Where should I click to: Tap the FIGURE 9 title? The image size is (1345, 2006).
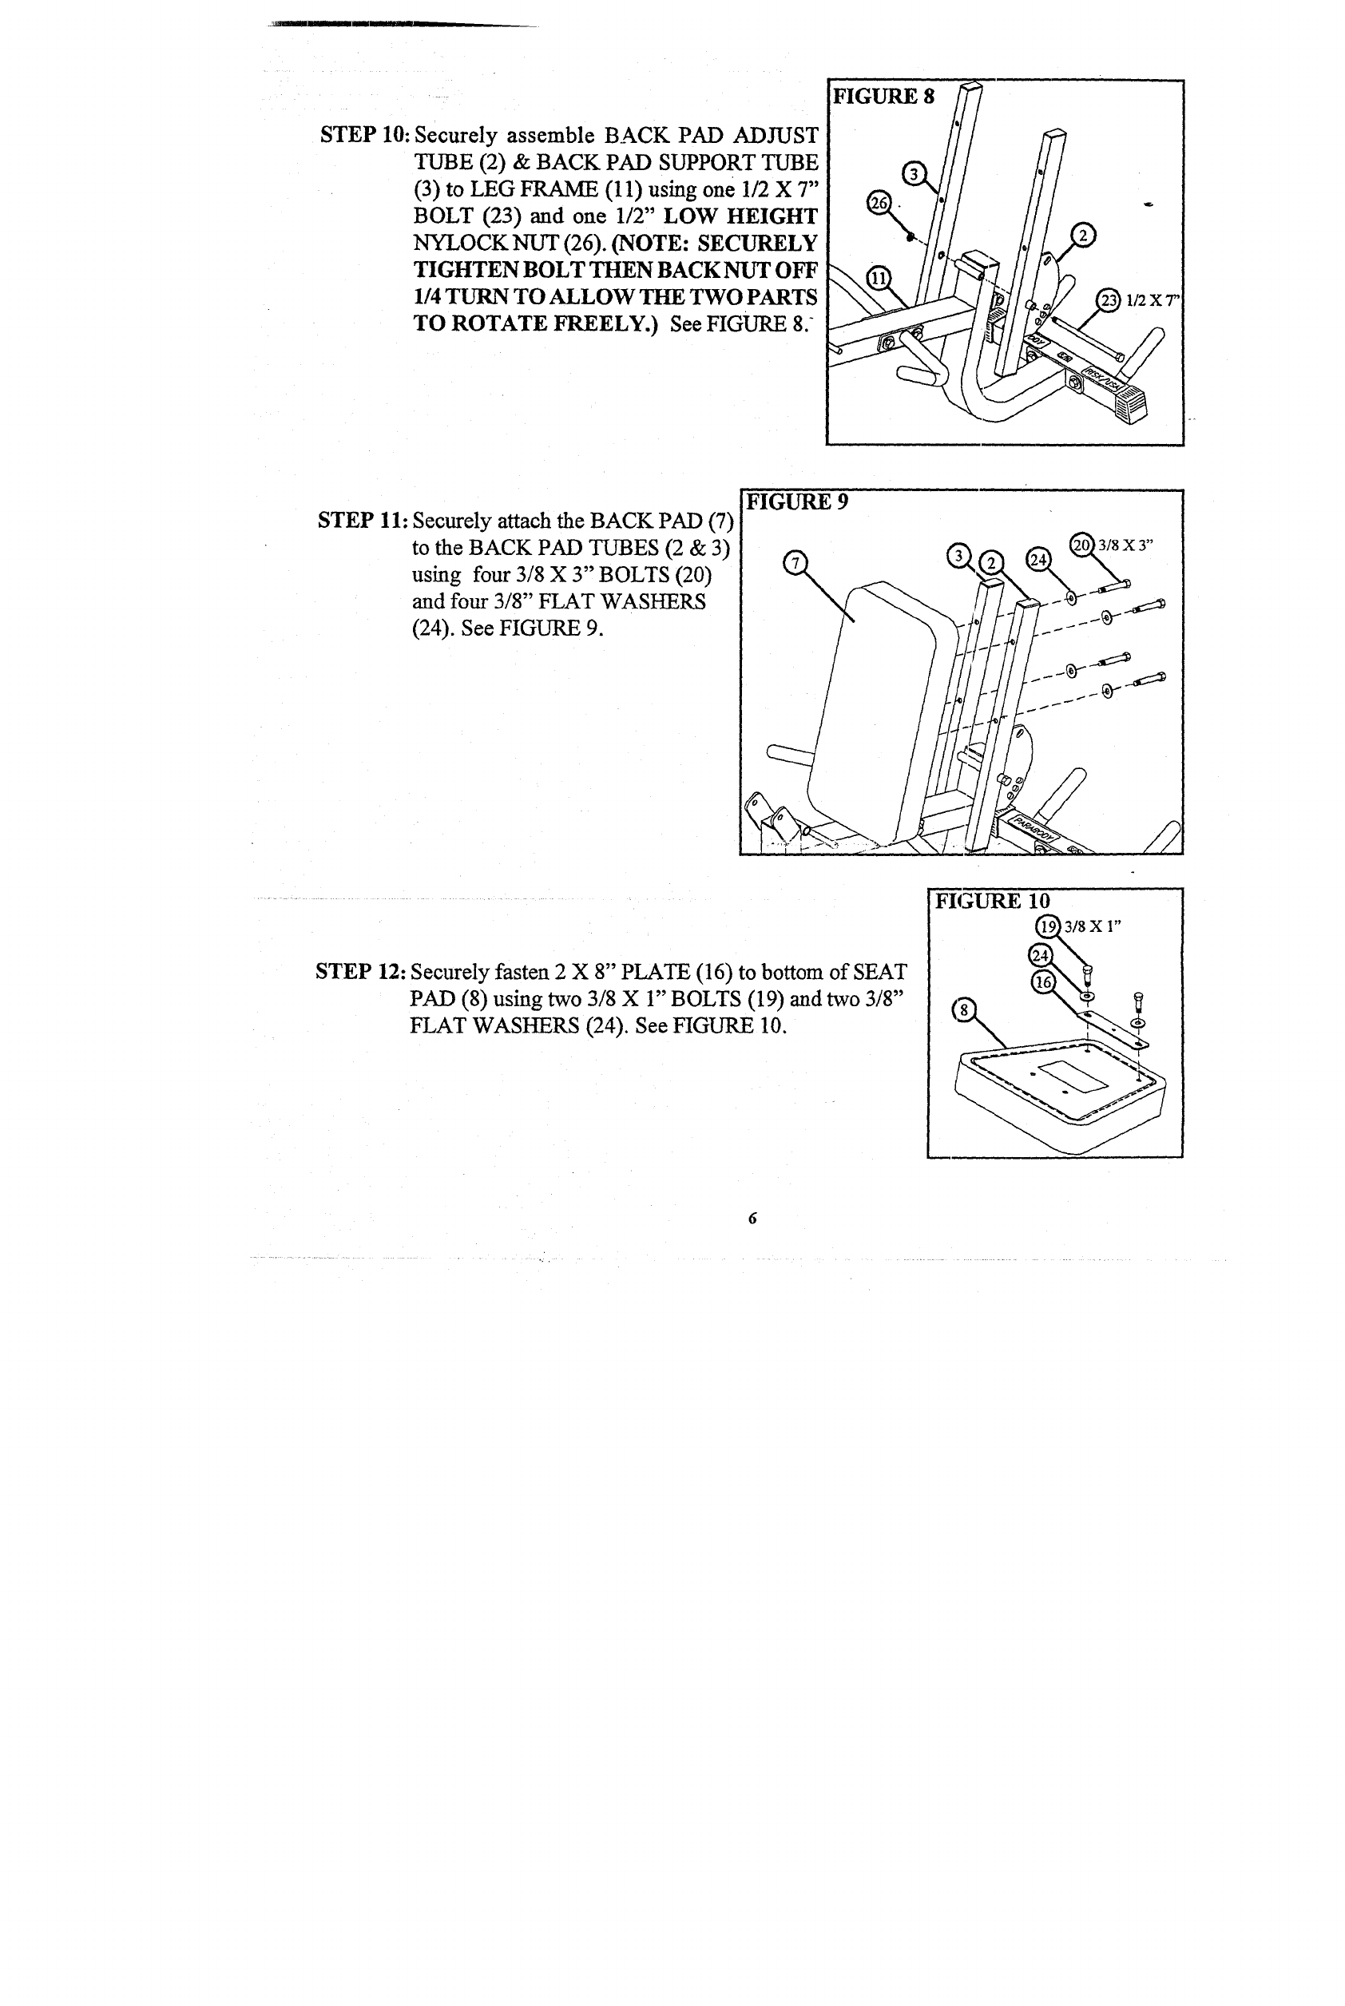[797, 501]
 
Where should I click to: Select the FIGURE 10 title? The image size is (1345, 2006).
[992, 901]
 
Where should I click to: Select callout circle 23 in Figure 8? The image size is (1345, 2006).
[1109, 300]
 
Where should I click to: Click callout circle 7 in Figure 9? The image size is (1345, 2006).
[795, 563]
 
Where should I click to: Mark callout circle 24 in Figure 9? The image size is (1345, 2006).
[1038, 559]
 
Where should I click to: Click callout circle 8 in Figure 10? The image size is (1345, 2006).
[964, 1009]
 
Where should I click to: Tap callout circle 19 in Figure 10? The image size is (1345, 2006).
[1048, 926]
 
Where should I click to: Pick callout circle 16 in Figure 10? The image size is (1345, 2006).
[1042, 983]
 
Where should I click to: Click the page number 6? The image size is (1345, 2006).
[752, 1218]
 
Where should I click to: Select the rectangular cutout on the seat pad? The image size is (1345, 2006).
[1072, 1076]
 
